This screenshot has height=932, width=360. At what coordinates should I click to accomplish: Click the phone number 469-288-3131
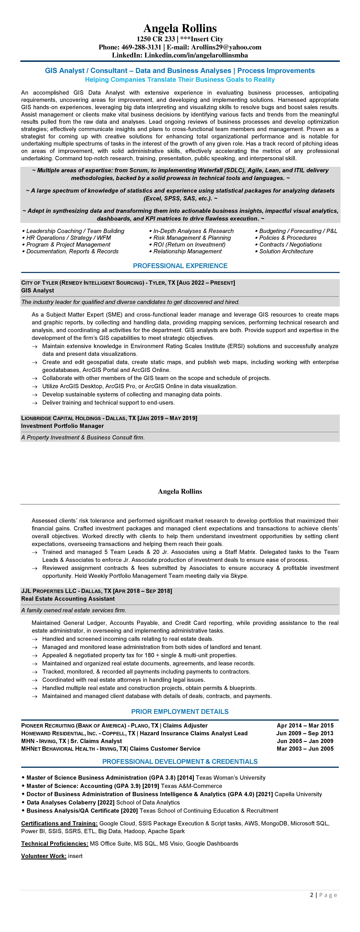(x=141, y=47)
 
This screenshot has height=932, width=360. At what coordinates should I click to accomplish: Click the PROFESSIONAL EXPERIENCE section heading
(x=180, y=266)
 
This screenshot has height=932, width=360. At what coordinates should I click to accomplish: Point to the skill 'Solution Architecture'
(x=286, y=251)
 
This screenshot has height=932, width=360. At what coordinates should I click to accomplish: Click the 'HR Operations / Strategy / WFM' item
(x=68, y=238)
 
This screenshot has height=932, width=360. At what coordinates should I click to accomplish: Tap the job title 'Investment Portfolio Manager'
(x=62, y=426)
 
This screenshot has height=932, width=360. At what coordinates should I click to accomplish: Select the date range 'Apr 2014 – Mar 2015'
(x=305, y=725)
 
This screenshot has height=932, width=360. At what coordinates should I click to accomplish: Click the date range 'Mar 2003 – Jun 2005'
(x=305, y=749)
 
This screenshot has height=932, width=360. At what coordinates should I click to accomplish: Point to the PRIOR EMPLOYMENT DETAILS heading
(x=180, y=712)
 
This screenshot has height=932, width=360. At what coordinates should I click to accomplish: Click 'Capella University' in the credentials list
(x=298, y=794)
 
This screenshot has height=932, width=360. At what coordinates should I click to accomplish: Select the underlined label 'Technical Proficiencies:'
(x=55, y=844)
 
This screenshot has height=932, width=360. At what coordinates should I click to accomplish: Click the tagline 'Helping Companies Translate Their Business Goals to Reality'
(x=180, y=80)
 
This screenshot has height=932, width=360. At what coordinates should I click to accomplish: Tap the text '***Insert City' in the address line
(x=201, y=39)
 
